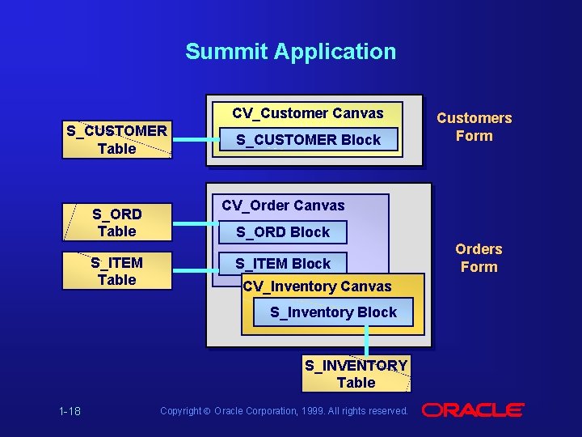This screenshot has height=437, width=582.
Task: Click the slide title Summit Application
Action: coord(290,52)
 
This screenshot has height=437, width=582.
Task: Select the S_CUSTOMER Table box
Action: coord(117,140)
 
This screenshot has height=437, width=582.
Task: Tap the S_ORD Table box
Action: coord(117,223)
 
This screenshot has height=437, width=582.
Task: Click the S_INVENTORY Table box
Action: coord(356,375)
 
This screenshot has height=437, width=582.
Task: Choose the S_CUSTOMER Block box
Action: coord(308,140)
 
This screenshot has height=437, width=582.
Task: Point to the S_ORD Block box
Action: coord(283,232)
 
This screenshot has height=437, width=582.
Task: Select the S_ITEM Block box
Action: coord(283,264)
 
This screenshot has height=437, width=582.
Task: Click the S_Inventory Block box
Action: coord(333,312)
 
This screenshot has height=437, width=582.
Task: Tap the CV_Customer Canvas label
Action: coord(308,113)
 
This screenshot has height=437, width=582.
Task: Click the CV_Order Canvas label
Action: coord(283,206)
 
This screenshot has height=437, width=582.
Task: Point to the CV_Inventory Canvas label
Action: coord(317,286)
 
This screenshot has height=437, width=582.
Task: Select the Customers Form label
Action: coord(474,127)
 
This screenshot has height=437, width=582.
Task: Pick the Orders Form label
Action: coord(479,258)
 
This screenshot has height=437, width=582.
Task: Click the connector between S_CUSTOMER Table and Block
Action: coord(192,140)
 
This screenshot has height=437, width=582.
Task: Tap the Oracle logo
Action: coord(473,410)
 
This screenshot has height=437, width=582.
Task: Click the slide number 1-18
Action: coord(70,411)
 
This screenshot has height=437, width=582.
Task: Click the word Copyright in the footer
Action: coord(180,411)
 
